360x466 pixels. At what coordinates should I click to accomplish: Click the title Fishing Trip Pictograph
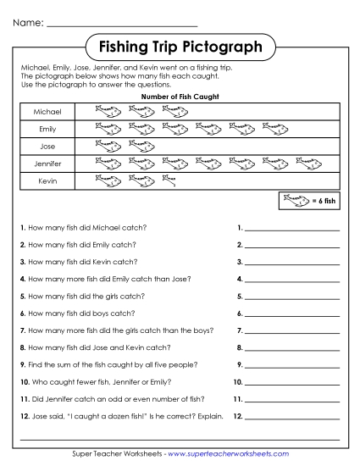tap(180, 44)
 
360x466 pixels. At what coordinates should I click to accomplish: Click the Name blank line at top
tap(122, 24)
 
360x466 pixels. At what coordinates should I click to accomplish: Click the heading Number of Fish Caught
tap(179, 97)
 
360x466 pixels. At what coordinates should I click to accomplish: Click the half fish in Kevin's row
tap(169, 180)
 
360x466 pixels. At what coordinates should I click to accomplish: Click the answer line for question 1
tap(291, 229)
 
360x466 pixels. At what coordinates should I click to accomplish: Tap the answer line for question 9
tap(291, 364)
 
